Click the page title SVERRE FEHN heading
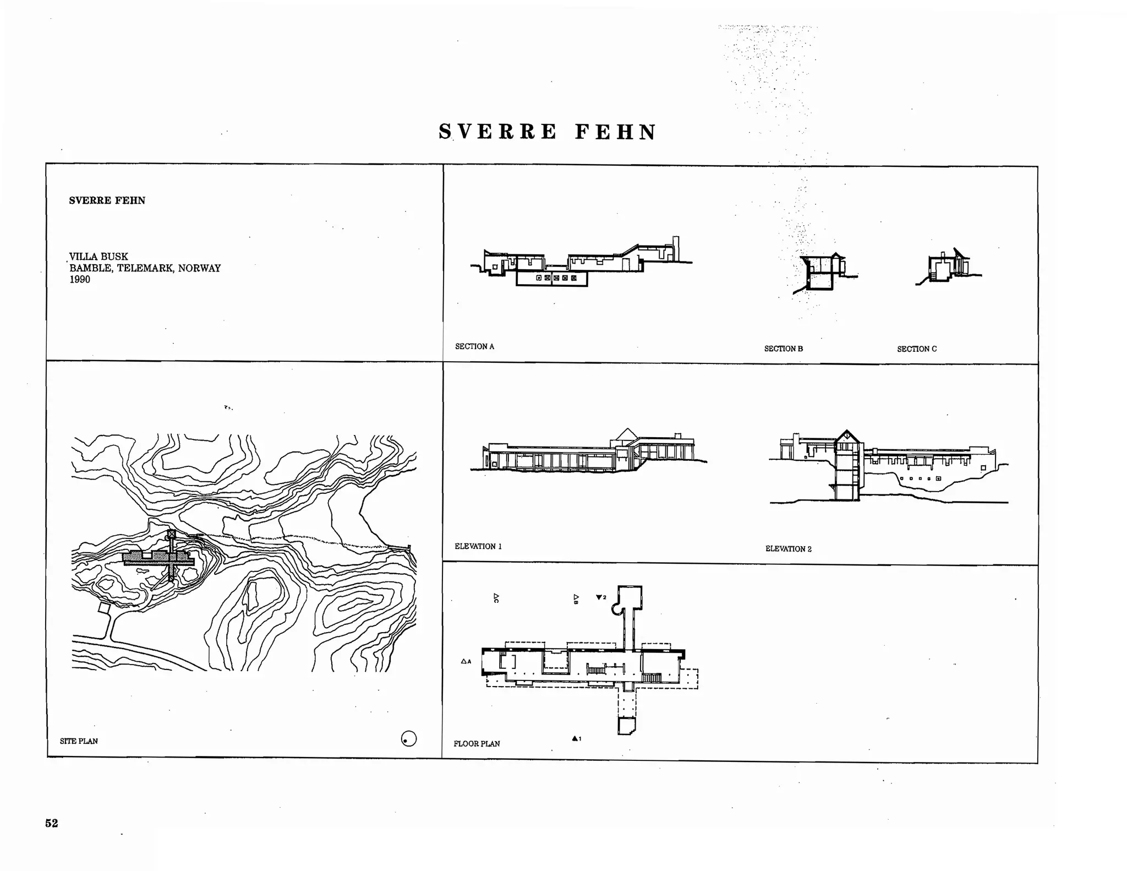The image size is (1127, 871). point(548,133)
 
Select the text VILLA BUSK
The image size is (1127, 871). point(99,257)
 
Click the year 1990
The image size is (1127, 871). point(80,280)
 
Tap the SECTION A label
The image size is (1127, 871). point(474,346)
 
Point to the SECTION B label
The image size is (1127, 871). point(783,349)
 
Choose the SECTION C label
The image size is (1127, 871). point(916,349)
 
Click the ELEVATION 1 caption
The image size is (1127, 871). point(478,546)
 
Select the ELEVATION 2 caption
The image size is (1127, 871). point(788,549)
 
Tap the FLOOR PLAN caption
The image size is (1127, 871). point(477,744)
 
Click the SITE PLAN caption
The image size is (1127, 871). point(79,741)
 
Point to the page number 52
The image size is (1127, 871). point(51,823)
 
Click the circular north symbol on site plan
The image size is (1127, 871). point(408,739)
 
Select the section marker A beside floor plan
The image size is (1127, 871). point(466,661)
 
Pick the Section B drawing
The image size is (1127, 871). point(823,273)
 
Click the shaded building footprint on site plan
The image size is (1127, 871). point(157,559)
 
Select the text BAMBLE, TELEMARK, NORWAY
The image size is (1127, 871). point(145,268)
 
